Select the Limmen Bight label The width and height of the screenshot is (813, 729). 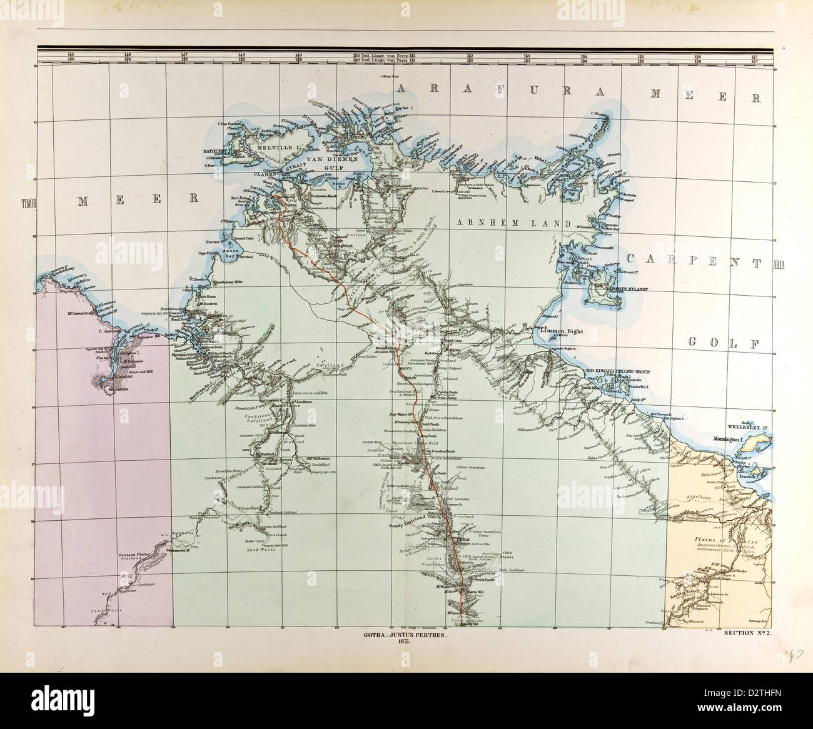[560, 328]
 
